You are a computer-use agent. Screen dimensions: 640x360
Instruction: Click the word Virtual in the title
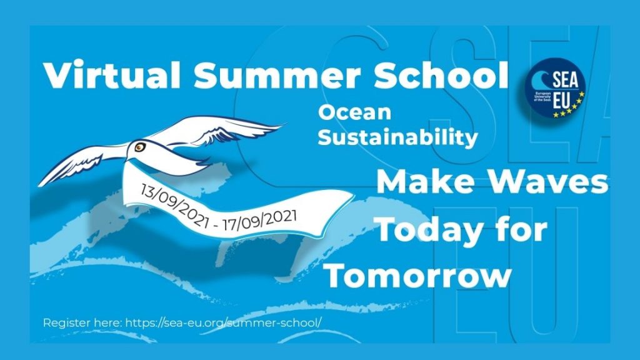(112, 75)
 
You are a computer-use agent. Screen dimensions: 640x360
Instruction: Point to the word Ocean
(355, 112)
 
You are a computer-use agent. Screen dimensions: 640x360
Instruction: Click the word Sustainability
(397, 137)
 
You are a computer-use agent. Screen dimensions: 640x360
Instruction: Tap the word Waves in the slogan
(549, 182)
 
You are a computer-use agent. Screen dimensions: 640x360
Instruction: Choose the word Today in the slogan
(429, 230)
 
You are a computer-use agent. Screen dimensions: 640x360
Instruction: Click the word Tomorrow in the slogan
(419, 276)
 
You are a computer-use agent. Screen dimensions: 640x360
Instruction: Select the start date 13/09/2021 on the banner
(174, 205)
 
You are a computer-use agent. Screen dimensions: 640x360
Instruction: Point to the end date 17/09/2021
(259, 221)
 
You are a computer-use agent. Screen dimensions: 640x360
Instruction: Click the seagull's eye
(140, 147)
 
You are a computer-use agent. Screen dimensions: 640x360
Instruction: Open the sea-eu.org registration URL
(223, 322)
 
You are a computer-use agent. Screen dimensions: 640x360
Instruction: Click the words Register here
(82, 323)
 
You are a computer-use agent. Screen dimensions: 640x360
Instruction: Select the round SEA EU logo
(556, 87)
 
